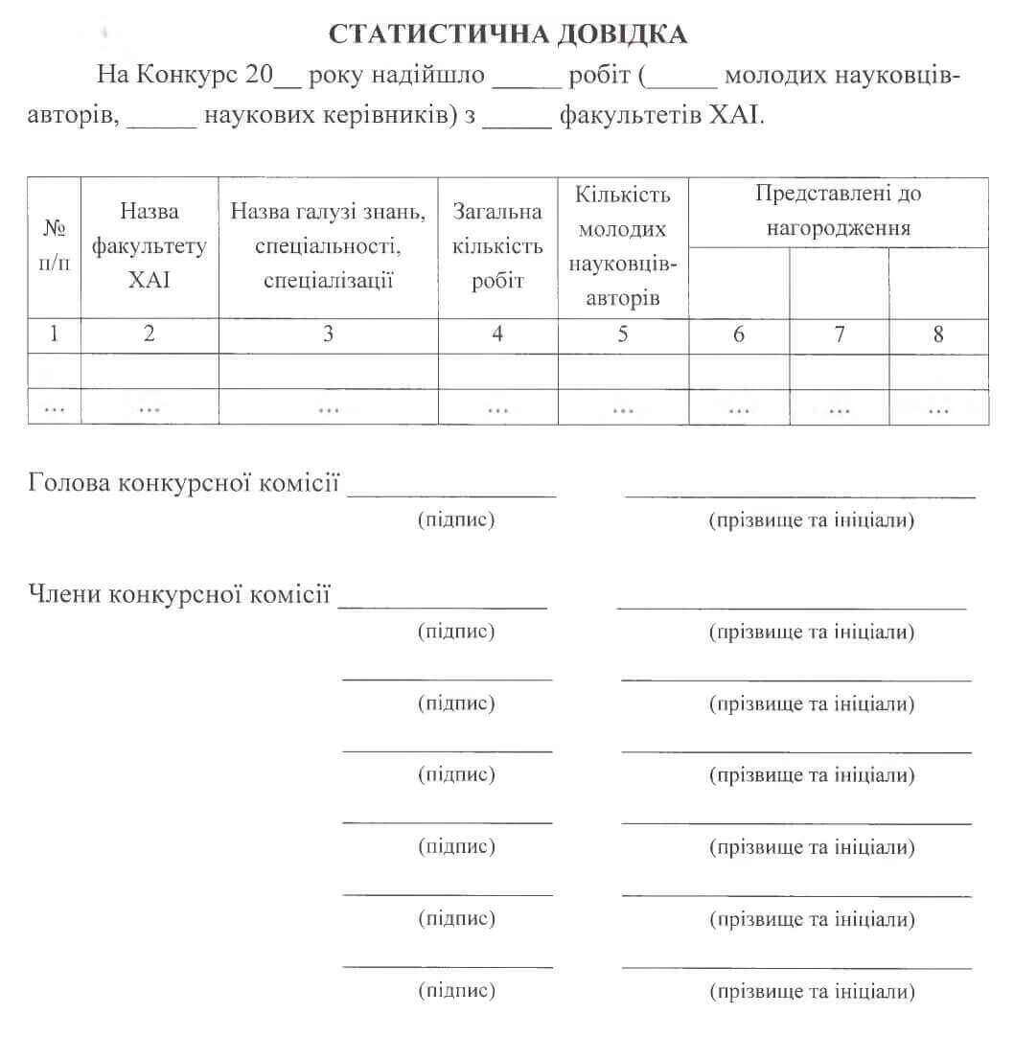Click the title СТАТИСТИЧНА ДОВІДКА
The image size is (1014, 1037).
(x=508, y=35)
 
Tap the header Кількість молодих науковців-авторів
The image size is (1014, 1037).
(x=623, y=246)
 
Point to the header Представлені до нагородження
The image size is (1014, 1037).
(x=839, y=211)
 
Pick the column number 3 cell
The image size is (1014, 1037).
(x=328, y=334)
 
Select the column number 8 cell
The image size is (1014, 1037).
(x=938, y=334)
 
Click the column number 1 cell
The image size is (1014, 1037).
(x=54, y=334)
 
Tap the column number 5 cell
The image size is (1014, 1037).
(x=623, y=334)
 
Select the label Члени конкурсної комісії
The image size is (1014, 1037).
(x=180, y=594)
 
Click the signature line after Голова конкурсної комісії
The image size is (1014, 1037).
(x=451, y=492)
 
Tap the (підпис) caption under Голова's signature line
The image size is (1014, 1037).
(x=456, y=520)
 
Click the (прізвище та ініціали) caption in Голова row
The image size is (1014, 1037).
(x=812, y=521)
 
